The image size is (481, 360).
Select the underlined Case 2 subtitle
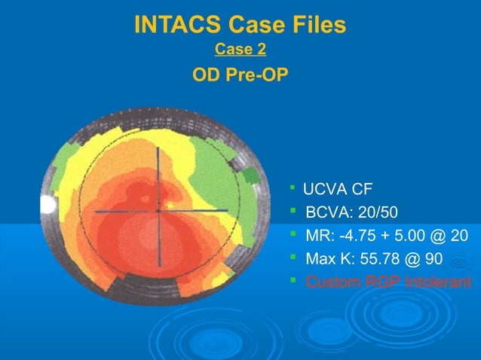pos(240,50)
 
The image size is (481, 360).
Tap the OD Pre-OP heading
pos(240,76)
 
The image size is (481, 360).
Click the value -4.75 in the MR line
pos(353,236)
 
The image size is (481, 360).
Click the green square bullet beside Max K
pos(293,259)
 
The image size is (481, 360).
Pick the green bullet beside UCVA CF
pos(293,188)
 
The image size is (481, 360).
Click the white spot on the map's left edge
pos(47,204)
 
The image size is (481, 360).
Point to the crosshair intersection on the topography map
pos(158,210)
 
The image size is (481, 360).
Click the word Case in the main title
pos(254,25)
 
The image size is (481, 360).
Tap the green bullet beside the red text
pos(293,282)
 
